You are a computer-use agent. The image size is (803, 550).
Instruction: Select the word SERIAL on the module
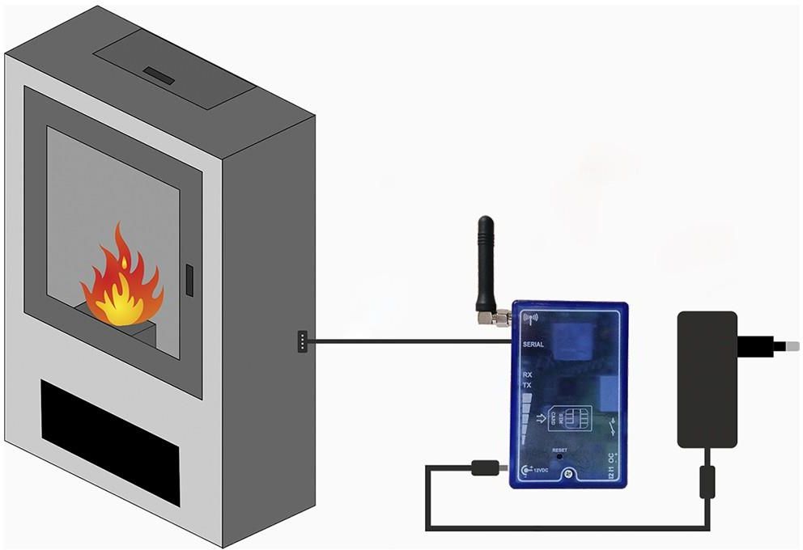coord(538,345)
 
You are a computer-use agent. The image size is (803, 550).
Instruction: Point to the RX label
coord(527,374)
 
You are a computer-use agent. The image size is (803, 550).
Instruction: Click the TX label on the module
coord(527,386)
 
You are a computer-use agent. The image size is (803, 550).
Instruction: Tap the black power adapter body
coord(707,379)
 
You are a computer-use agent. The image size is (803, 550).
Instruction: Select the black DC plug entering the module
coord(483,467)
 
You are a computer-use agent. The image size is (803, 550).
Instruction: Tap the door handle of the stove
coord(189,278)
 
